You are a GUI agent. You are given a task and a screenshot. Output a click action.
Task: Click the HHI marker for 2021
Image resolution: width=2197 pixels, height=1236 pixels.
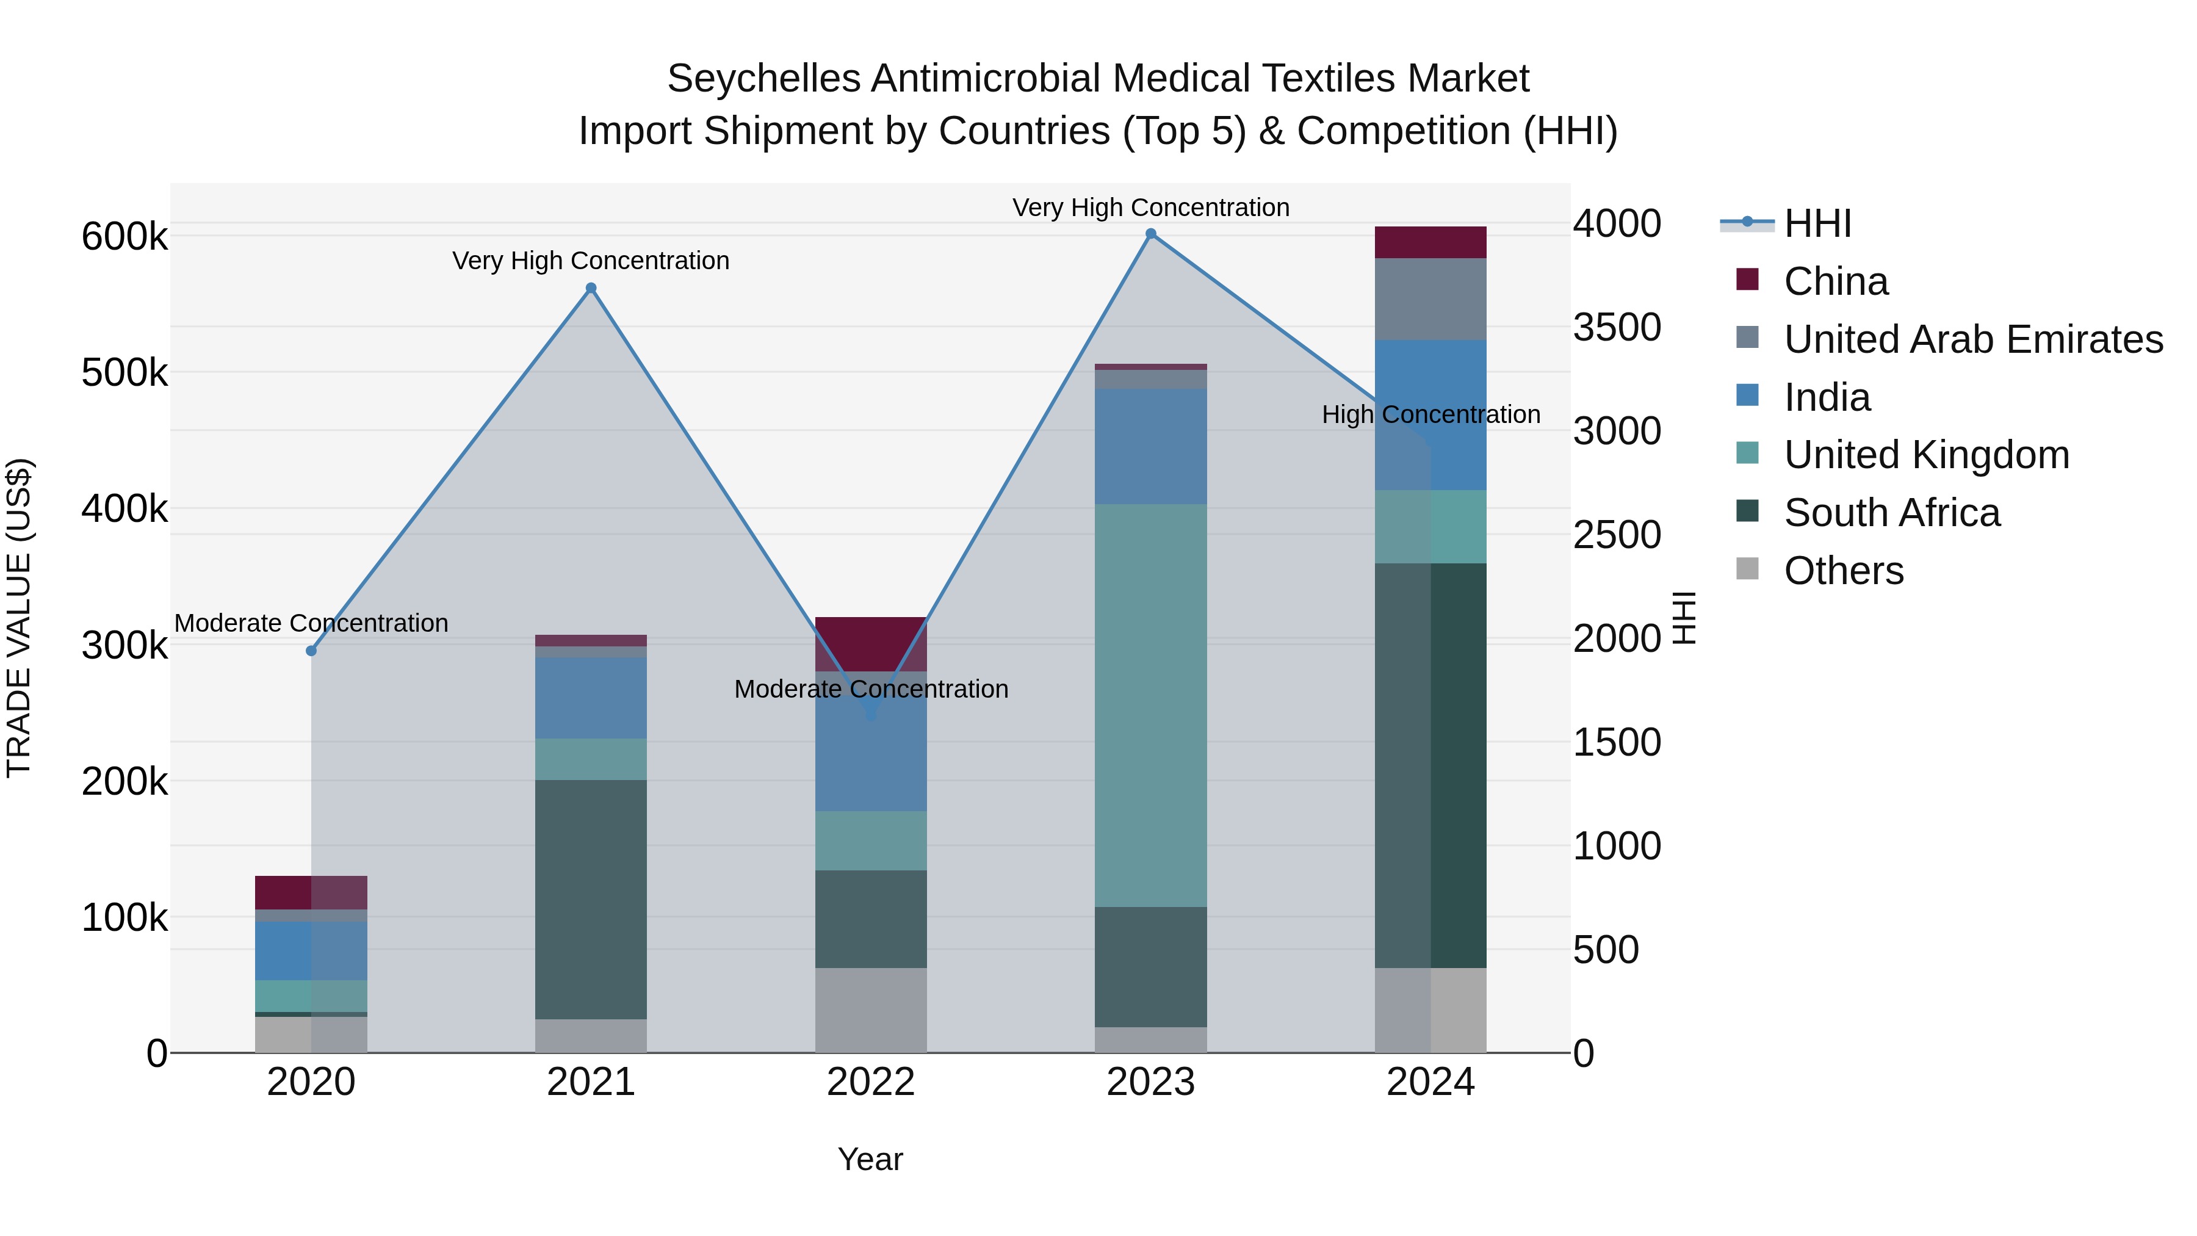(591, 288)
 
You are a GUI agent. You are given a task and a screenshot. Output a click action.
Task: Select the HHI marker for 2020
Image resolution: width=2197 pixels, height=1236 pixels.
(311, 651)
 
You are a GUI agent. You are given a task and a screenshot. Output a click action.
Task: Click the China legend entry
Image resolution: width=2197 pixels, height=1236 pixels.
(1835, 281)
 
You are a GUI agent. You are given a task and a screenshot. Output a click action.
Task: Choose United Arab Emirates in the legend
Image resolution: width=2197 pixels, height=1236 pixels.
(1972, 339)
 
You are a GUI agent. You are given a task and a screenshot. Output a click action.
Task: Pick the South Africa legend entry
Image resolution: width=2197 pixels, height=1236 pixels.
(1892, 513)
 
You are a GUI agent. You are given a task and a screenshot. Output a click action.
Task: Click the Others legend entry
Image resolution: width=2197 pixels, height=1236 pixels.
(1843, 571)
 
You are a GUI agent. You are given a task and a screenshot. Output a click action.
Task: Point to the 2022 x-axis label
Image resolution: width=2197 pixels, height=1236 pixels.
(871, 1082)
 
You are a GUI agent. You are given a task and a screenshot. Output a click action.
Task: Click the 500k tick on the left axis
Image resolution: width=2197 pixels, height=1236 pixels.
(124, 373)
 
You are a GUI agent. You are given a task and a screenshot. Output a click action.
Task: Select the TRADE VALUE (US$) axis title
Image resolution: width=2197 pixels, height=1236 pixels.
(20, 618)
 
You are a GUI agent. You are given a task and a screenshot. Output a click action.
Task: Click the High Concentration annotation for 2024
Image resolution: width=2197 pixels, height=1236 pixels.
(1430, 414)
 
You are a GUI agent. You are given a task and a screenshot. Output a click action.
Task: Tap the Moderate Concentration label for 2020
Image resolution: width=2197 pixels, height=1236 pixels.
(311, 624)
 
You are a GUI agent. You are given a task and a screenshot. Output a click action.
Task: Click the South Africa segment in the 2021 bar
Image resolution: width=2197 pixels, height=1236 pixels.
(591, 899)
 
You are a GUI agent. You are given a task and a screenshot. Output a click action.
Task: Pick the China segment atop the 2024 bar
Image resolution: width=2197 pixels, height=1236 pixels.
(1430, 242)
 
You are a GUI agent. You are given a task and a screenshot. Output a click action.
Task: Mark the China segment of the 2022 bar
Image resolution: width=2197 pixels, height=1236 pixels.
(871, 643)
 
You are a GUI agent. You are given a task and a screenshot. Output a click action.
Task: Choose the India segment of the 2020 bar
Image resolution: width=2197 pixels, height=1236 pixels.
(311, 950)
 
